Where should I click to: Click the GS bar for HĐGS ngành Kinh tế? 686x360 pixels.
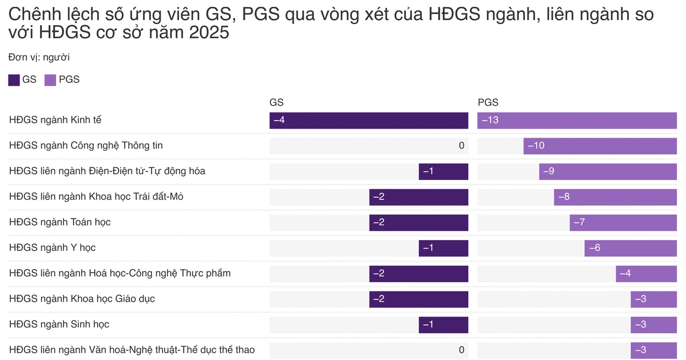tap(369, 121)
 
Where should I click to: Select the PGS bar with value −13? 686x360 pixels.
tap(577, 121)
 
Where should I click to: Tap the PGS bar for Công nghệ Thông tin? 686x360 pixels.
tap(600, 146)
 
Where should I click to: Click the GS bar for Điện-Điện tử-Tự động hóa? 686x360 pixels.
tap(443, 171)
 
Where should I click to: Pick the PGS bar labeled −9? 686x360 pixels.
tap(608, 171)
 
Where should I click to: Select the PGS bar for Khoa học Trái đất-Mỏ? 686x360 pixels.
tap(615, 197)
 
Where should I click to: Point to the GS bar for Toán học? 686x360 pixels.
tap(418, 222)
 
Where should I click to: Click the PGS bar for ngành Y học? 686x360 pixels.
tap(631, 247)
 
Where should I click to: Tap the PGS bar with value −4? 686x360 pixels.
tap(646, 273)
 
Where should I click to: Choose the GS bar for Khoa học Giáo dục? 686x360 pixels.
tap(418, 299)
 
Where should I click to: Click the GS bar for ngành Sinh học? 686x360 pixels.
tap(443, 324)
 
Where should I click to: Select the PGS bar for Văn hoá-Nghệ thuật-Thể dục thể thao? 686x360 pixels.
tap(653, 350)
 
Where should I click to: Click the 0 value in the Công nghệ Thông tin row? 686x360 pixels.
tap(461, 146)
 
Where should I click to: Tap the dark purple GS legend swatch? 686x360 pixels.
tap(14, 80)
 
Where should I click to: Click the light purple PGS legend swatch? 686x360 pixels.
tap(50, 80)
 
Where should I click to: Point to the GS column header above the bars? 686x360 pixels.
tap(277, 103)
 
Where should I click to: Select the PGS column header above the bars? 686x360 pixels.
tap(488, 103)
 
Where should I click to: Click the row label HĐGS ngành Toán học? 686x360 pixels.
tap(60, 222)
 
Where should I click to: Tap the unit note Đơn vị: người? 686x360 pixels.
tap(39, 57)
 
